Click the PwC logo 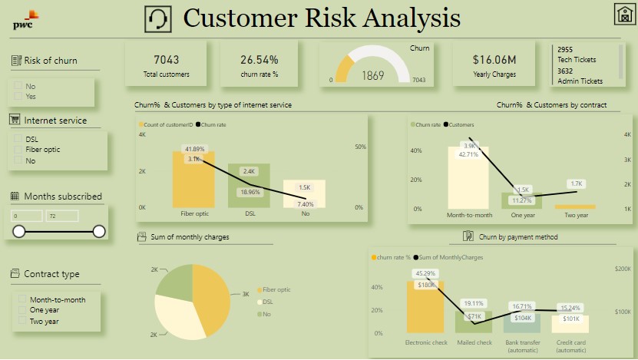click(x=25, y=19)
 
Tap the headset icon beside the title click(x=158, y=18)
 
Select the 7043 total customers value click(x=166, y=59)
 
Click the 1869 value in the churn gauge click(x=373, y=75)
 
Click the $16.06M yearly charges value click(x=494, y=59)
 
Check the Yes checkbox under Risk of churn click(x=18, y=97)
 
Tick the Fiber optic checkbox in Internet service click(x=18, y=150)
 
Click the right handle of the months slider click(x=99, y=231)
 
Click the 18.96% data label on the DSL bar click(x=250, y=192)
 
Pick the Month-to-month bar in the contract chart click(x=468, y=177)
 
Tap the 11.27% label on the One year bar click(x=522, y=200)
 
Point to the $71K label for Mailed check click(x=474, y=316)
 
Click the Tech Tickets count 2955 click(x=565, y=49)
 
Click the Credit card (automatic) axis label click(x=570, y=346)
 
